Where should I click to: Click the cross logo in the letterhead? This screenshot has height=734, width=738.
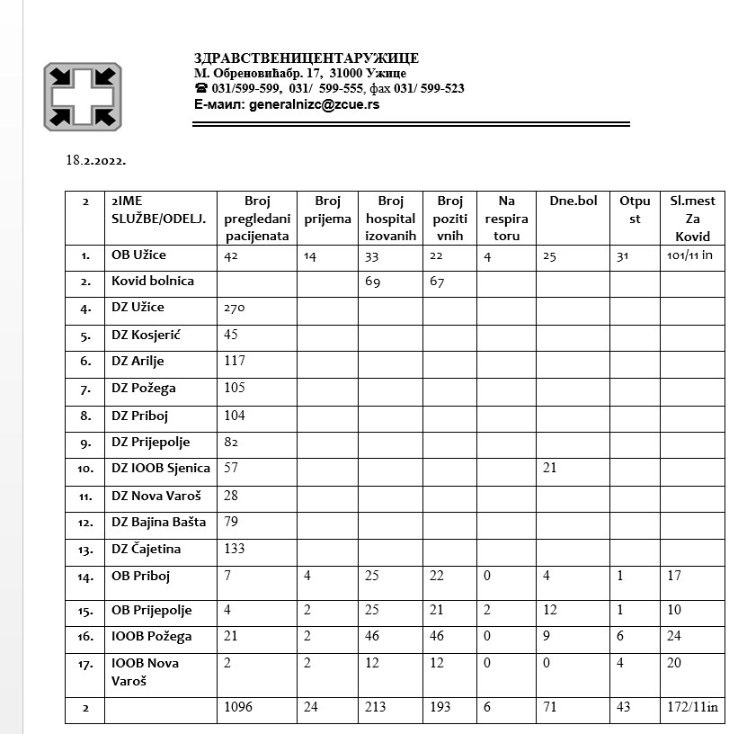point(83,96)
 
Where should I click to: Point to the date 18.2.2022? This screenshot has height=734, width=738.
point(95,161)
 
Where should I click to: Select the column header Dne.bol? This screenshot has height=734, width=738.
point(573,201)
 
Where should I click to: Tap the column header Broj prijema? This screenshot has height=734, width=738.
point(328,210)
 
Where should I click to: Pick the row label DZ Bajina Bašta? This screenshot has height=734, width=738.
point(158,522)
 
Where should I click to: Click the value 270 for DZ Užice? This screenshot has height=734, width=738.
point(234,308)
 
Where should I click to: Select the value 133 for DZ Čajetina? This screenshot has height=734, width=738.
point(234,549)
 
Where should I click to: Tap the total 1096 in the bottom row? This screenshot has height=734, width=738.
point(238,707)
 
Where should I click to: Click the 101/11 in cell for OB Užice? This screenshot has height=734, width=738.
point(689,255)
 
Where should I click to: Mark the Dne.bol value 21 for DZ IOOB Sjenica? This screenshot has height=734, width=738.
point(550,468)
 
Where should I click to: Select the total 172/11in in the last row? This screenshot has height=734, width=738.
point(693,707)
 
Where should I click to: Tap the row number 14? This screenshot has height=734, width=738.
point(85,577)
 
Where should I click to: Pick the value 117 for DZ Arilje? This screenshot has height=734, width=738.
point(234,362)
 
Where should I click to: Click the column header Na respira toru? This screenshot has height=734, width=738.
point(506,219)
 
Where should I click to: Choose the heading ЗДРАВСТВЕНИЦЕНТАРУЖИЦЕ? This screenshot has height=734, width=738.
point(306,58)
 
